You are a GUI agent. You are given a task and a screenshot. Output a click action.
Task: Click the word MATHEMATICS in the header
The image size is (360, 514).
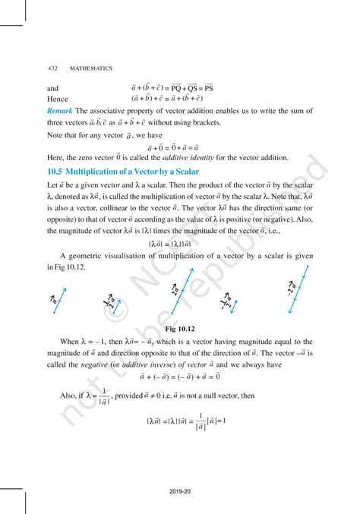[90, 68]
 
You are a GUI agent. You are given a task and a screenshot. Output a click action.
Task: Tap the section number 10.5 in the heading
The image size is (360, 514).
[58, 172]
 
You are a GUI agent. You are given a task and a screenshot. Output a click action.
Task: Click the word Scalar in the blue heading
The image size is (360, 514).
[183, 172]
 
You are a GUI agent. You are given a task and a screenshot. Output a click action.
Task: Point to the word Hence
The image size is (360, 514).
[58, 99]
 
